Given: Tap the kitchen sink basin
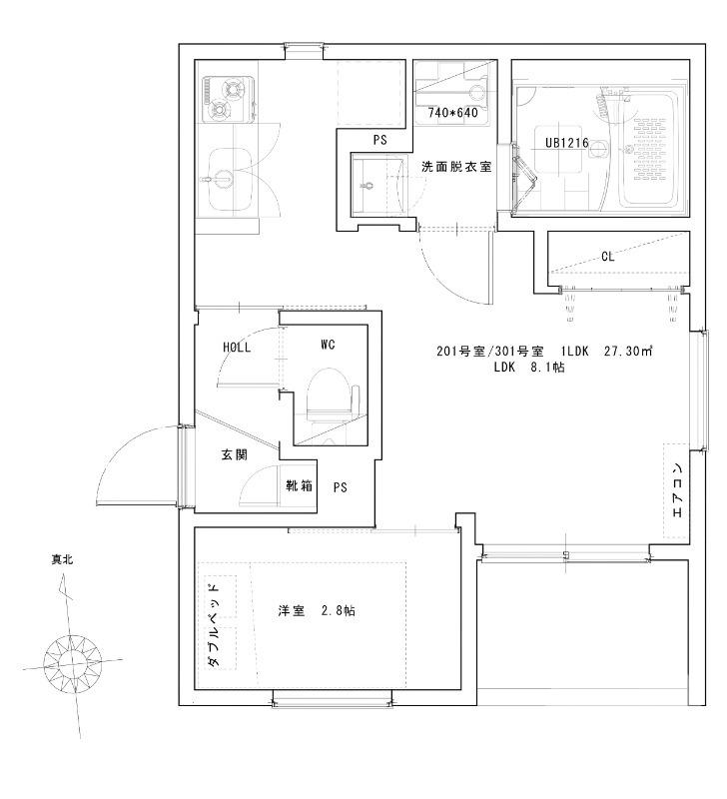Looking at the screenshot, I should pyautogui.click(x=229, y=178).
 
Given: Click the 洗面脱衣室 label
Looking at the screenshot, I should pyautogui.click(x=455, y=167).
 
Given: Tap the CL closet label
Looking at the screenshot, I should pyautogui.click(x=607, y=257).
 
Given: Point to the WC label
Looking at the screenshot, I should pyautogui.click(x=327, y=345).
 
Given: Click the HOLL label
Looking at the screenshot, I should pyautogui.click(x=237, y=347).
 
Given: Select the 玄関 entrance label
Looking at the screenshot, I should pyautogui.click(x=234, y=455).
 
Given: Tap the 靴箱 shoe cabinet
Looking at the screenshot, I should pyautogui.click(x=298, y=488).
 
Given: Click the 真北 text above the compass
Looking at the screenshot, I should pyautogui.click(x=62, y=560).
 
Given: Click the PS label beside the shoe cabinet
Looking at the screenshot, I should pyautogui.click(x=341, y=488).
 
